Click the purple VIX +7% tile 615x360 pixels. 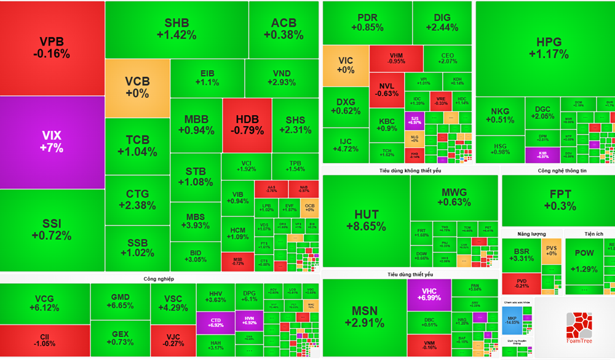coord(52,142)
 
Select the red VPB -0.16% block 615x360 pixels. coord(52,48)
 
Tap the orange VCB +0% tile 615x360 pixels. coord(137,87)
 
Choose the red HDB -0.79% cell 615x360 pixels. coord(247,125)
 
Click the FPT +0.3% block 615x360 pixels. coord(558,200)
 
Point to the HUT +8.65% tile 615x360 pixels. coord(366,220)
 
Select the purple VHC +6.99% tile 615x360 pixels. coord(429,294)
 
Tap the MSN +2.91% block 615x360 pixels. coord(364,318)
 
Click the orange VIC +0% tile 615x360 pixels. coord(345,65)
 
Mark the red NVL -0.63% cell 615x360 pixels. coord(387,89)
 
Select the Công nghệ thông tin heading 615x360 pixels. coord(558,170)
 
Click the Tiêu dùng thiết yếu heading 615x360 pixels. coord(410,274)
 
